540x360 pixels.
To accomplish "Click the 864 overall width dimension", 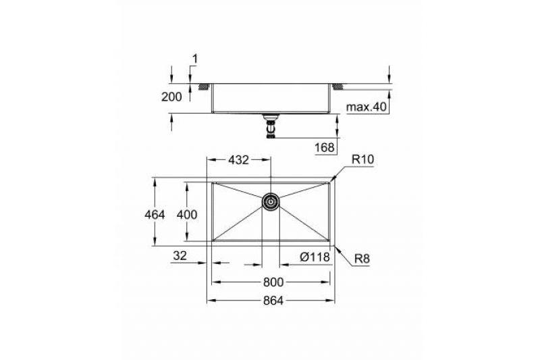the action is [x=273, y=301].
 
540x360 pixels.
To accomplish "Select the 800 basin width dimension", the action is [x=273, y=282].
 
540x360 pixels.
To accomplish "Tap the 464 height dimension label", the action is [x=155, y=215].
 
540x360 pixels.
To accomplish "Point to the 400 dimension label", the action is [x=187, y=215].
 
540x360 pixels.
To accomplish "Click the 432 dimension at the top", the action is [x=238, y=160].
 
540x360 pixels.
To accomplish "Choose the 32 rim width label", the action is [x=180, y=255].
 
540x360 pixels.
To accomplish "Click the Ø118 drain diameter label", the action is [x=315, y=257].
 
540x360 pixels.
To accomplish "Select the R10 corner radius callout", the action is [x=362, y=159].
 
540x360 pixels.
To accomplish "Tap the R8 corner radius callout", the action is [x=362, y=259].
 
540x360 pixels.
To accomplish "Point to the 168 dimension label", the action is [x=325, y=147].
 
